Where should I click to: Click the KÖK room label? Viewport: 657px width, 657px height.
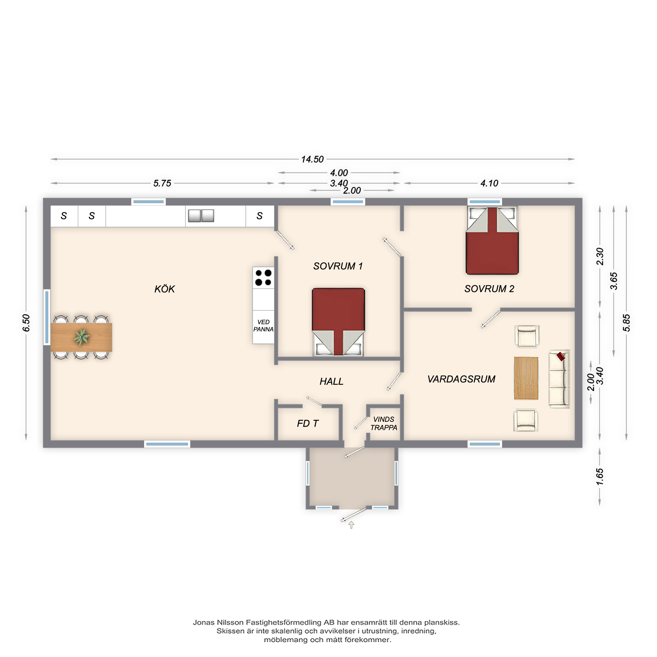(x=165, y=289)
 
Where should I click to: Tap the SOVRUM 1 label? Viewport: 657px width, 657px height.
(x=338, y=266)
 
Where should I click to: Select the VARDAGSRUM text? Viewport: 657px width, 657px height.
(x=461, y=379)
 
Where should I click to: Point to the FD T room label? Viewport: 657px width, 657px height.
(x=308, y=423)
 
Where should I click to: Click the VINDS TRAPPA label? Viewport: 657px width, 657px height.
(x=384, y=423)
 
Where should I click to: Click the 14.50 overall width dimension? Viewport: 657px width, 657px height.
(x=312, y=159)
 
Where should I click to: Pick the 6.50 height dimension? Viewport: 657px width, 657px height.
(x=26, y=323)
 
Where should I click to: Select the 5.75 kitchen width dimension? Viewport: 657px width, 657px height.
(x=162, y=183)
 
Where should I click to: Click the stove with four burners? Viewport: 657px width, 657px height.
(x=263, y=278)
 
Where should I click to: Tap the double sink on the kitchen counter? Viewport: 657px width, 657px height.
(x=201, y=215)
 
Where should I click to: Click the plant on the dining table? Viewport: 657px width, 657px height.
(x=81, y=337)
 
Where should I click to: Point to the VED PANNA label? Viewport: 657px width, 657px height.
(x=263, y=326)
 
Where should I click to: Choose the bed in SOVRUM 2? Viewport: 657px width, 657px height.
(x=492, y=240)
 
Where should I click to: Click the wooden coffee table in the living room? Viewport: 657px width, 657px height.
(x=526, y=378)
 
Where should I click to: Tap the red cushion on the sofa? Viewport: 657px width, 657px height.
(x=561, y=356)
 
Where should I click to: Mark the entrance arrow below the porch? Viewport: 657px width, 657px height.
(x=351, y=525)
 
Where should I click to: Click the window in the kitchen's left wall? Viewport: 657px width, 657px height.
(x=47, y=317)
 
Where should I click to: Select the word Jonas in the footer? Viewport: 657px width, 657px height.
(x=204, y=622)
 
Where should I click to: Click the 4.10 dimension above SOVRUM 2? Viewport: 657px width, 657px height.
(x=489, y=183)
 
